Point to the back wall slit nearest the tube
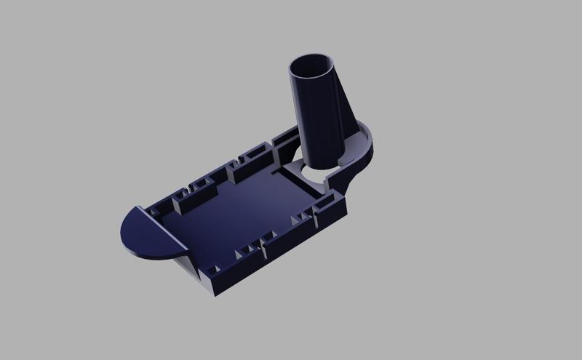pyautogui.click(x=240, y=157)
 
